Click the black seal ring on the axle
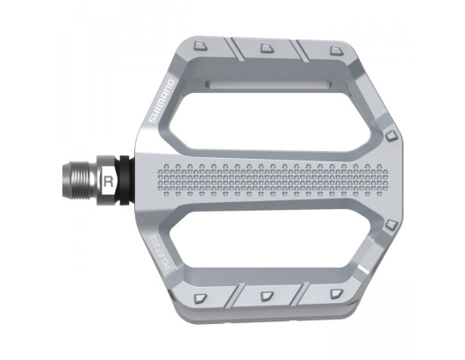tap(125, 182)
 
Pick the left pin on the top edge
tap(203, 45)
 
